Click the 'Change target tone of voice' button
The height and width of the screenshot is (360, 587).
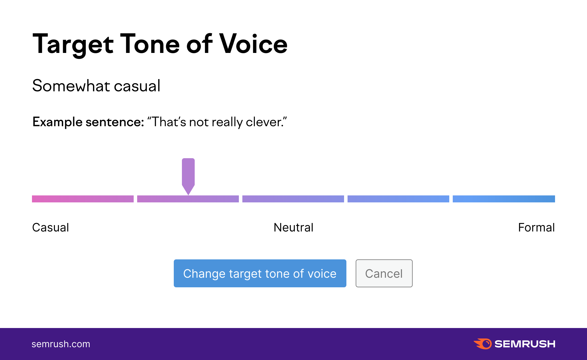pyautogui.click(x=260, y=273)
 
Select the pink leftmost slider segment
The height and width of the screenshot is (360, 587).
pyautogui.click(x=83, y=199)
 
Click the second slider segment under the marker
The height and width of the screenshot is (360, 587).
pyautogui.click(x=188, y=199)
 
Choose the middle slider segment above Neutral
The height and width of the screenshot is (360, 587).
pyautogui.click(x=293, y=199)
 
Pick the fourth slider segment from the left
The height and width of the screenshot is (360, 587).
pyautogui.click(x=398, y=199)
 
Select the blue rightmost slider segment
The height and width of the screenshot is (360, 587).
pyautogui.click(x=504, y=199)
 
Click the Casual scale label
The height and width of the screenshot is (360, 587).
pyautogui.click(x=51, y=227)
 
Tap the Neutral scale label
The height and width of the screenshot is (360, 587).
pyautogui.click(x=293, y=227)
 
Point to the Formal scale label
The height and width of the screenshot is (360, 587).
pyautogui.click(x=536, y=227)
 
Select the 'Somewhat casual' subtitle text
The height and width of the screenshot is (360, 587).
pyautogui.click(x=96, y=86)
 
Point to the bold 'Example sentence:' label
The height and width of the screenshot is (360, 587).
pyautogui.click(x=88, y=122)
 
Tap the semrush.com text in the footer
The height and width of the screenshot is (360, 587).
pyautogui.click(x=61, y=344)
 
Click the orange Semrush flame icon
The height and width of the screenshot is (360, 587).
pyautogui.click(x=483, y=344)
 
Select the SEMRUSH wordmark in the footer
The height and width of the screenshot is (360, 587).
pyautogui.click(x=525, y=344)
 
